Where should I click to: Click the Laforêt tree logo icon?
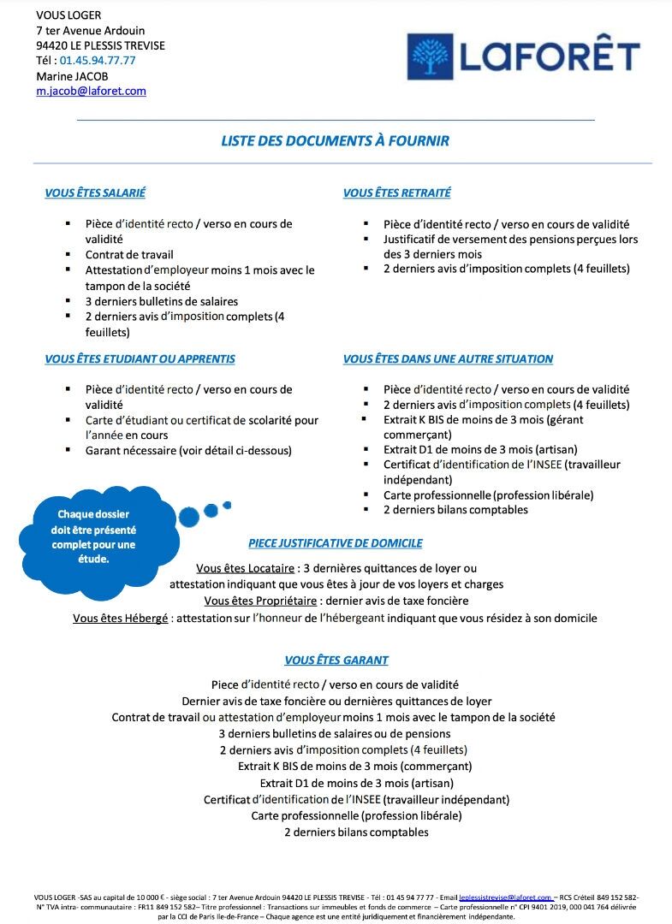pos(431,57)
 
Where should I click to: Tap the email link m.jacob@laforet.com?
pos(91,91)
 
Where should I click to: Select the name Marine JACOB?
pos(72,76)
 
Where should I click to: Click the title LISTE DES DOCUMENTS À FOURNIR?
pos(335,141)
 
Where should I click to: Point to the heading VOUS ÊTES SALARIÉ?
pos(95,193)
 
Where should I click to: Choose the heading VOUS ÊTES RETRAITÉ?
pos(396,193)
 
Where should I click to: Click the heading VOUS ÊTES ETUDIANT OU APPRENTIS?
pos(140,359)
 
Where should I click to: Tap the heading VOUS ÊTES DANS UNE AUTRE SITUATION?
pos(448,359)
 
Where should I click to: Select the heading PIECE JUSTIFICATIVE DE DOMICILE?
pos(335,543)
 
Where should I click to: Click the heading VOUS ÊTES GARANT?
pos(336,660)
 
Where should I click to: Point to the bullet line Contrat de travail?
pos(129,255)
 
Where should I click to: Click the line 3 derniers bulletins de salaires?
pos(162,301)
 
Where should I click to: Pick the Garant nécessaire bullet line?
pos(188,451)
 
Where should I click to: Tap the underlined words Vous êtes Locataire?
pos(245,569)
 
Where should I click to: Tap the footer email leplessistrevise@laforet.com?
pos(505,897)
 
